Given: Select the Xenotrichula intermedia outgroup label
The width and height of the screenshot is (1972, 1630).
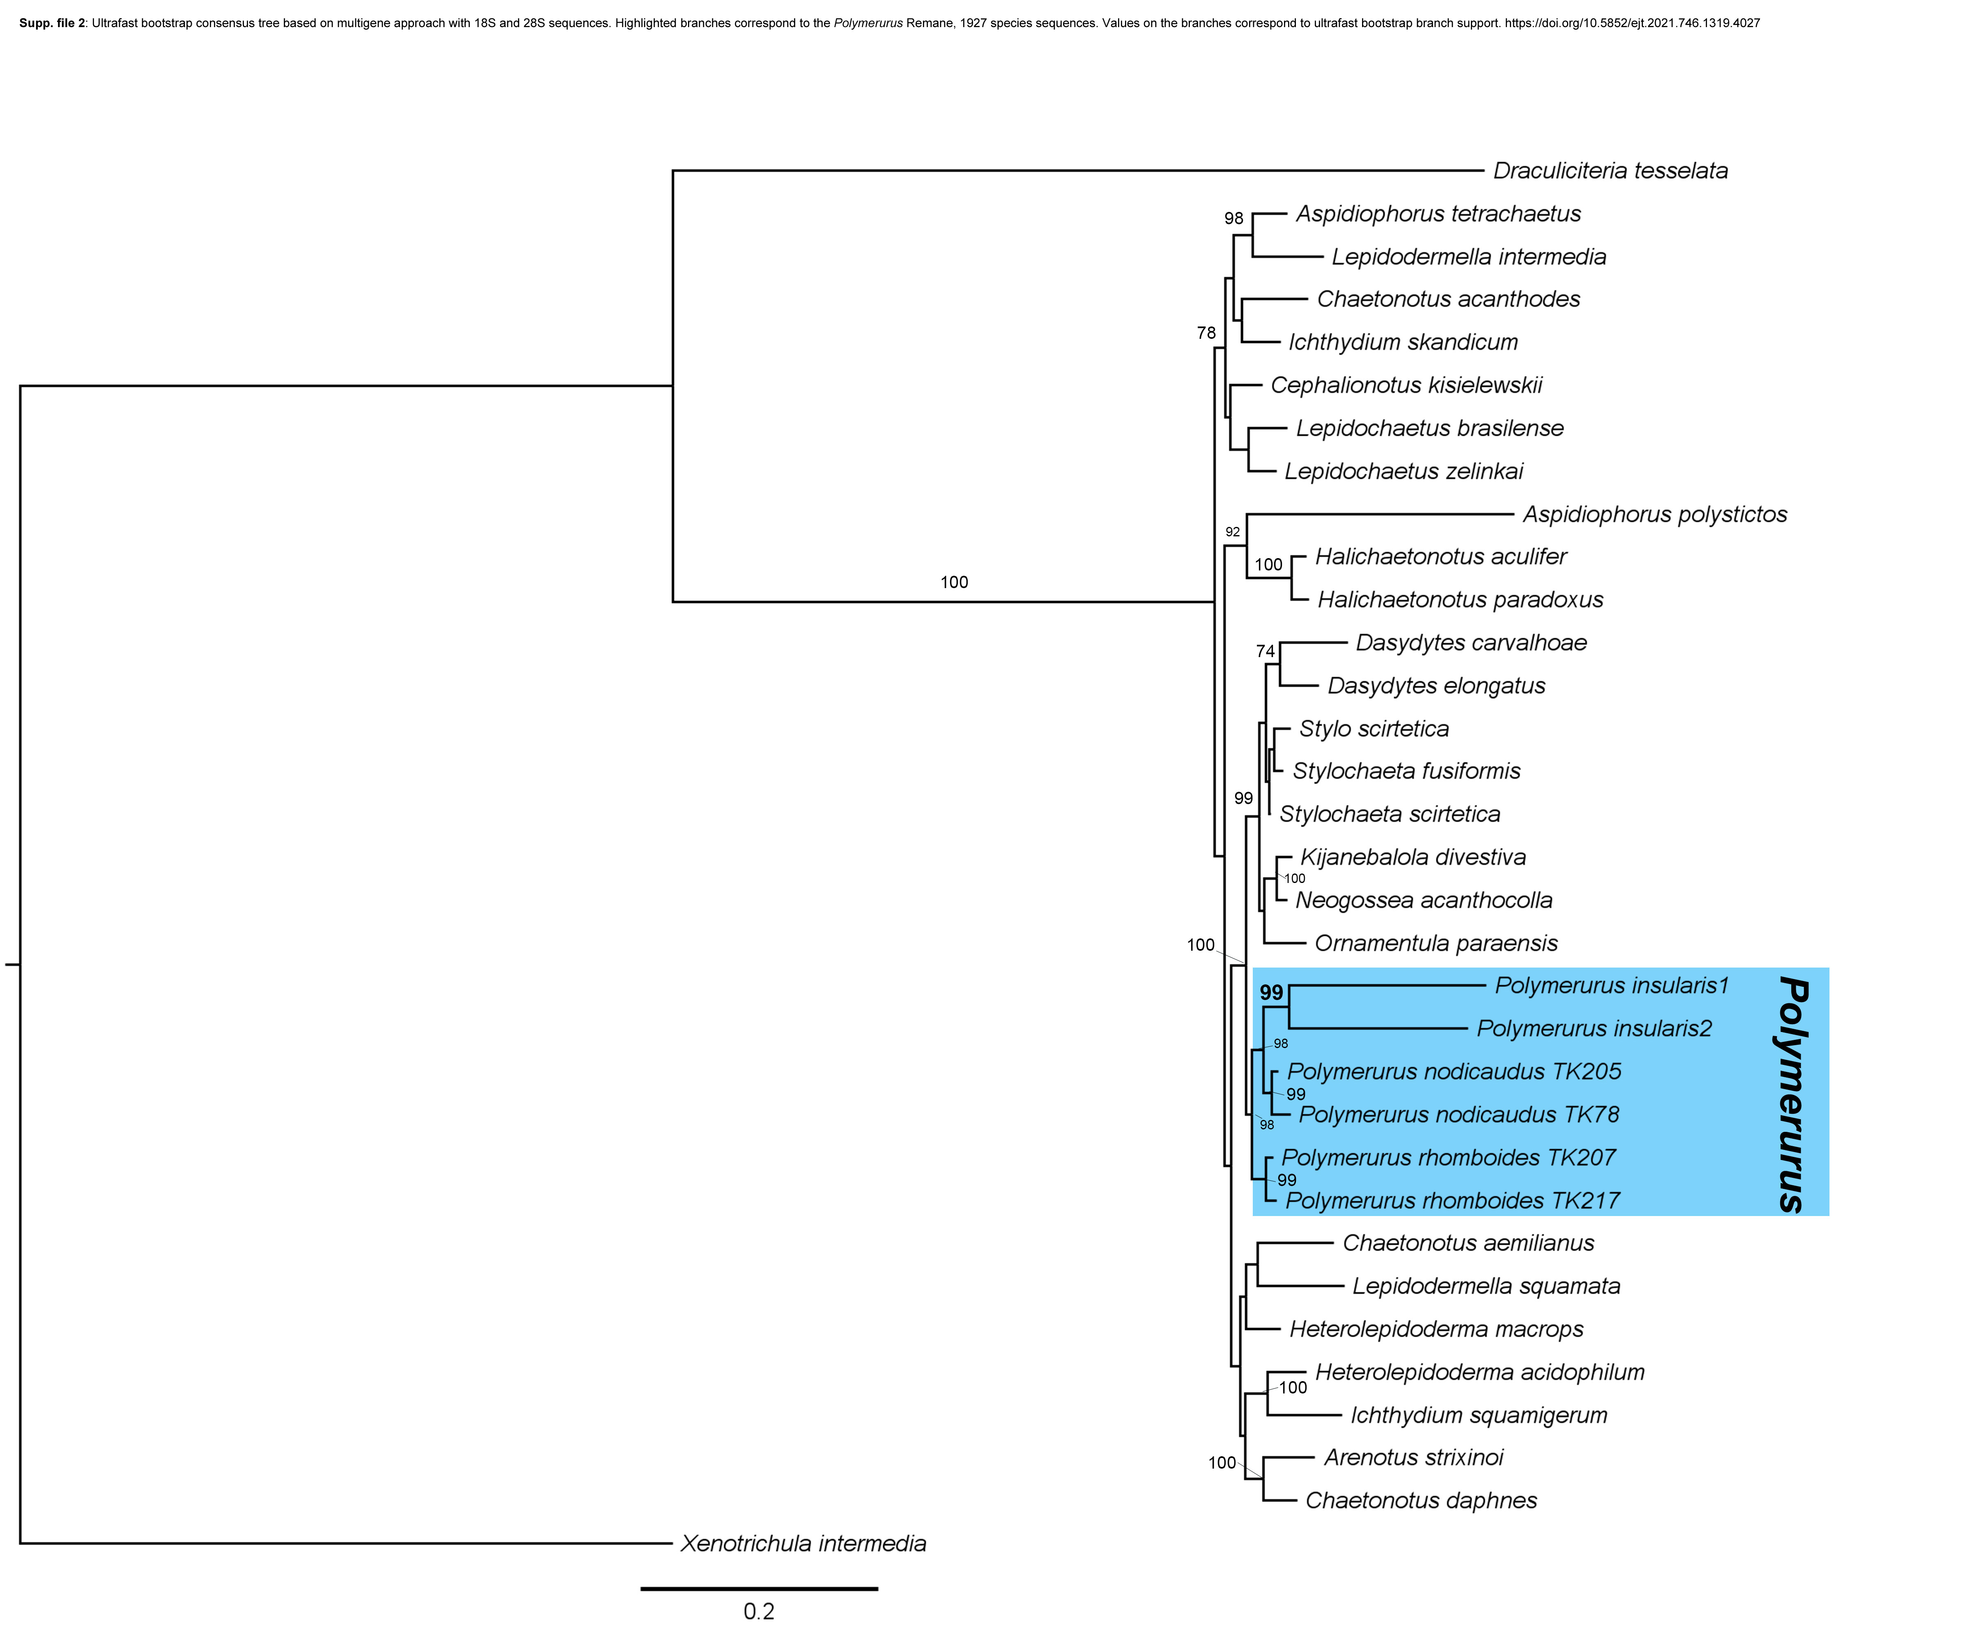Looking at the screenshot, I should tap(803, 1544).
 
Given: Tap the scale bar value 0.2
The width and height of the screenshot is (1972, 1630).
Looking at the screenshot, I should tap(759, 1611).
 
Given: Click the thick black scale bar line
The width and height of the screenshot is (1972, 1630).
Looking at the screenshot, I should tap(759, 1589).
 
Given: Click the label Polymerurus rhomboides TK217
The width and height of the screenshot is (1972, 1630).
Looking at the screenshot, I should tap(1453, 1201).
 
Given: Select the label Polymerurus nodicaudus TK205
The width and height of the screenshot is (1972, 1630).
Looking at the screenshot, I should tap(1454, 1072).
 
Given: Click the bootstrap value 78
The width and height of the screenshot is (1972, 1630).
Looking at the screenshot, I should tap(1206, 333).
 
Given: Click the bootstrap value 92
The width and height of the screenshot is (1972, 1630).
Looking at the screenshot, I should tap(1232, 532).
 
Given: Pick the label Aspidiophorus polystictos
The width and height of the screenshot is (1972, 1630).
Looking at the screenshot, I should tap(1654, 515).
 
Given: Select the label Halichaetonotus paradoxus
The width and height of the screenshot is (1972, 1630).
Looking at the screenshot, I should tap(1460, 600).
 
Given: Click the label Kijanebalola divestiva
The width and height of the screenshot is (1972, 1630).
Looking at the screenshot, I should tap(1412, 857).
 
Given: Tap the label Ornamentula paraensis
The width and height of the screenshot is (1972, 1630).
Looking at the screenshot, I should tap(1436, 944).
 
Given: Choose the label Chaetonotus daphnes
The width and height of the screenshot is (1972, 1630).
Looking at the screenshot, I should tap(1421, 1500).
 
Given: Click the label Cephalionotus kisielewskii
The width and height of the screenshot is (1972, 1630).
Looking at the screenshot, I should tap(1406, 386).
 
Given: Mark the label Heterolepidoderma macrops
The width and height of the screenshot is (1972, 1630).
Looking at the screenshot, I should tap(1436, 1329).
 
